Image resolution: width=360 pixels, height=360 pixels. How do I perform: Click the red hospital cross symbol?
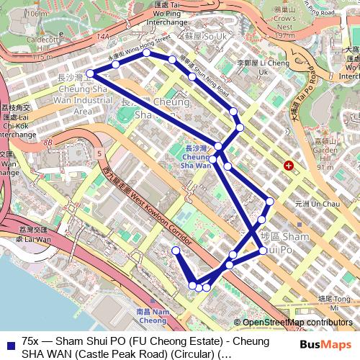coord(289,166)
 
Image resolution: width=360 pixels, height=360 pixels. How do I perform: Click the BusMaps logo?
coord(325,345)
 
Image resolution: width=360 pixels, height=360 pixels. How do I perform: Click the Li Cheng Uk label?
coord(253,68)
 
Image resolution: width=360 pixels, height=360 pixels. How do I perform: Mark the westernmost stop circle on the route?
coord(91,73)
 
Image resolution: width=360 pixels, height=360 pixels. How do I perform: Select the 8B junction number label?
coord(48,143)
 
